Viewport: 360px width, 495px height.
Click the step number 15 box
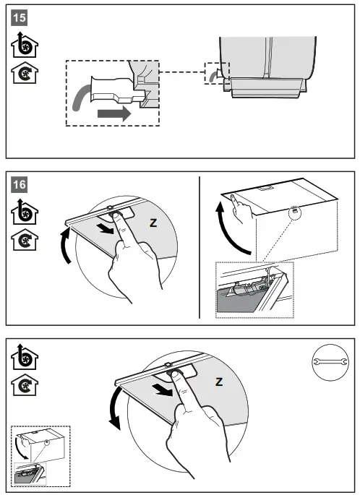[19, 17]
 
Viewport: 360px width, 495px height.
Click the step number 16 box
[19, 184]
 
